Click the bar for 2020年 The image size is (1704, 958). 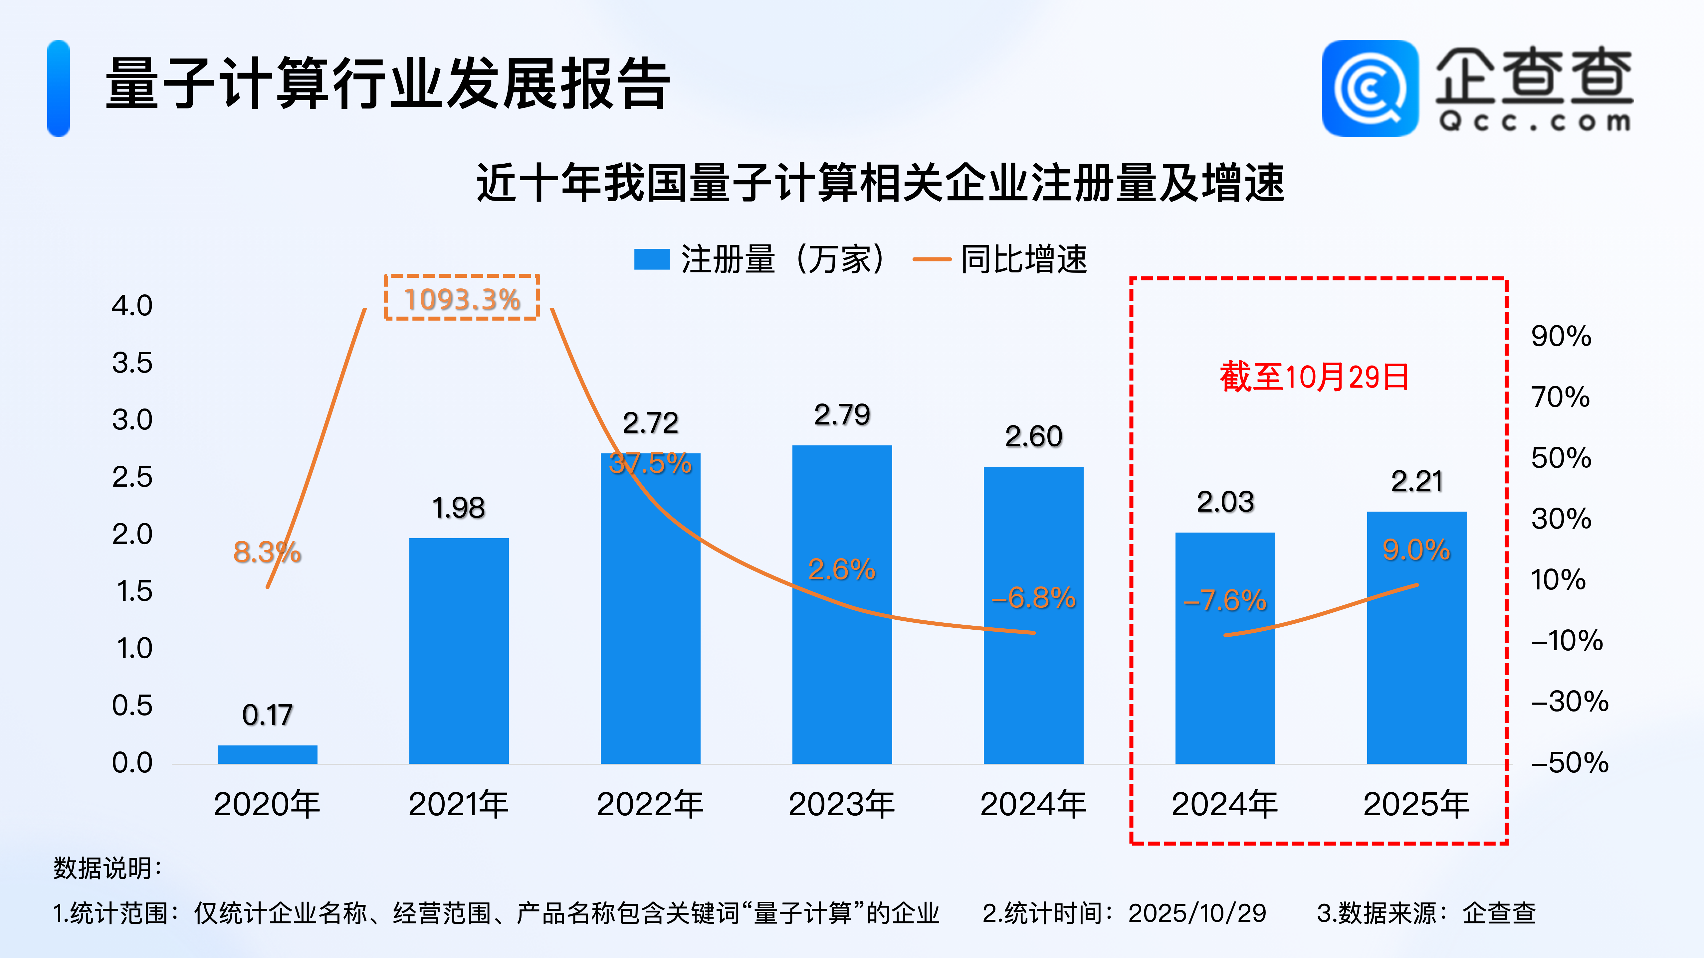coord(267,754)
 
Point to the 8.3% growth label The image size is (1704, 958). coord(267,552)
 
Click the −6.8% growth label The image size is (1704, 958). coord(1033,598)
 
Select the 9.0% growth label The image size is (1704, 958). coord(1416,550)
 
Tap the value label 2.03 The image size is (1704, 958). coord(1225,502)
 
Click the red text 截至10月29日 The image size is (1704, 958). coord(1314,377)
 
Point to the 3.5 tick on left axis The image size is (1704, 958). coord(132,363)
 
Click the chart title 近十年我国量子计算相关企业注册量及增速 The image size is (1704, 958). coord(880,183)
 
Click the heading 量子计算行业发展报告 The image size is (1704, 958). coord(388,84)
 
